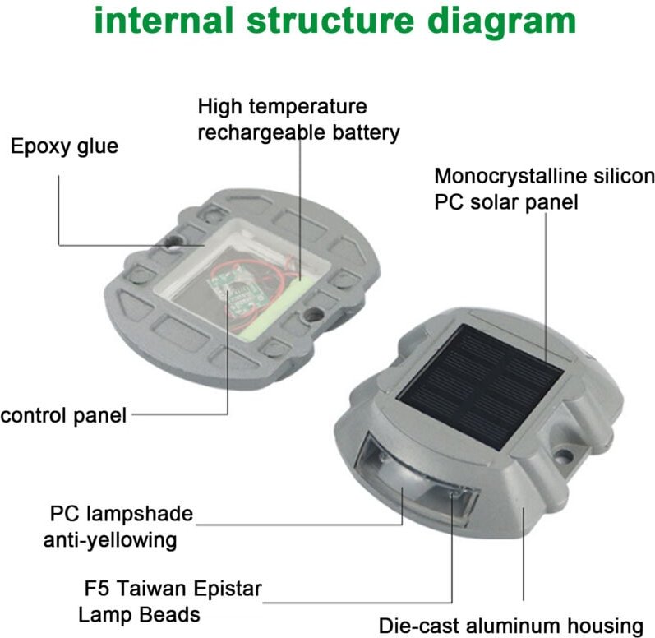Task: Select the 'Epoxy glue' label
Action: (x=64, y=147)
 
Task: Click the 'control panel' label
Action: (x=63, y=416)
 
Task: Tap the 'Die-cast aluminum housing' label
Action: (x=510, y=625)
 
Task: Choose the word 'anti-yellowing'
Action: (x=110, y=540)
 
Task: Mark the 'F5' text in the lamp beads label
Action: (x=96, y=589)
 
